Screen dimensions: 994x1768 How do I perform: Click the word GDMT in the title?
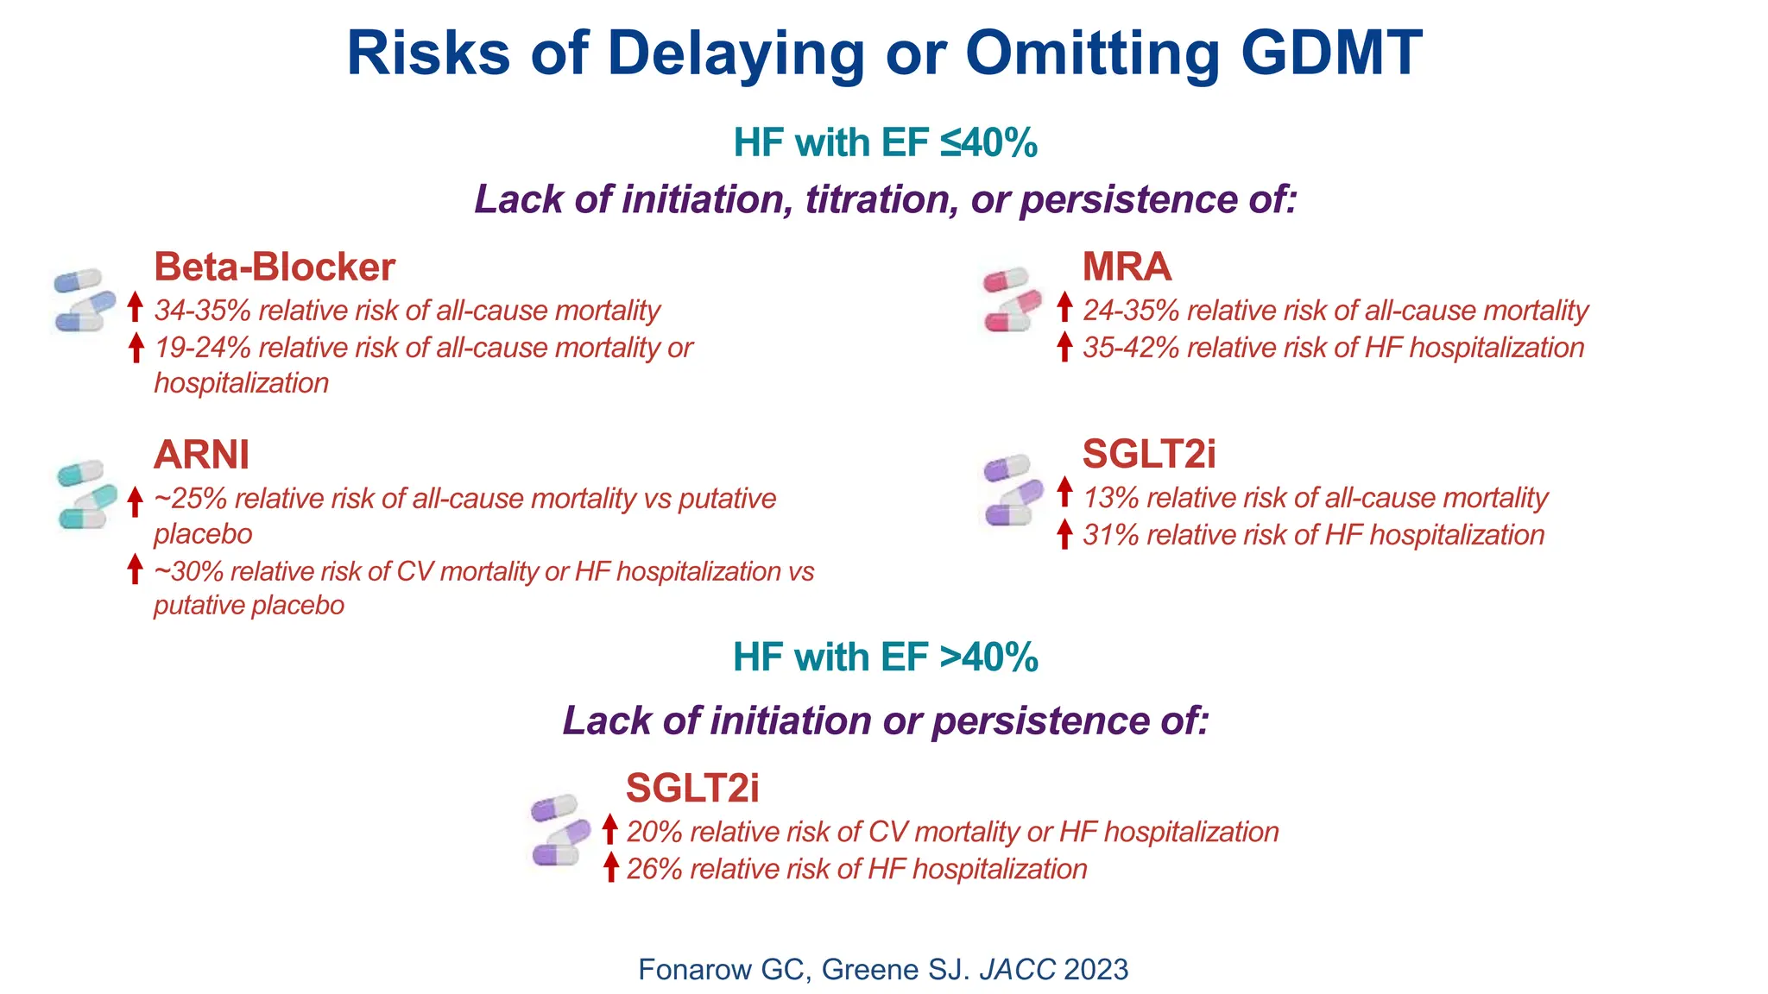tap(1331, 53)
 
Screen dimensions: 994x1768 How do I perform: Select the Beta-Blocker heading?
tap(274, 267)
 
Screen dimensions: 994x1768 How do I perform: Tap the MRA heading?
tap(1127, 267)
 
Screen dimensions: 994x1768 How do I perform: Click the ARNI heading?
tap(201, 455)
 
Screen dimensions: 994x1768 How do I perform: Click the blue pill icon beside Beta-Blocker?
tap(84, 299)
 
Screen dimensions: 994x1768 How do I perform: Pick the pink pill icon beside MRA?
tap(1012, 299)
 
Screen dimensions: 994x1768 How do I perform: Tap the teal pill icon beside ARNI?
tap(86, 494)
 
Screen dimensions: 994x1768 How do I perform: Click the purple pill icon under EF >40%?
tap(559, 829)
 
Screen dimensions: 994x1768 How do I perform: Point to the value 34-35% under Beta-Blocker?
tap(202, 311)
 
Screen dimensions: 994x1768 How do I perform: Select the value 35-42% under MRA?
tap(1131, 348)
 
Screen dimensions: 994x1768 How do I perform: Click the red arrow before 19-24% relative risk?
tap(135, 348)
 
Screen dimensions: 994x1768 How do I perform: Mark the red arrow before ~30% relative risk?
tap(135, 569)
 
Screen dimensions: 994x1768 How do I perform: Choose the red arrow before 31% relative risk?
tap(1064, 534)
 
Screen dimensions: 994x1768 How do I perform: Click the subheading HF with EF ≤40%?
tap(885, 142)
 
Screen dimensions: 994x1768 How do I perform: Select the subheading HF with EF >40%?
tap(885, 657)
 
